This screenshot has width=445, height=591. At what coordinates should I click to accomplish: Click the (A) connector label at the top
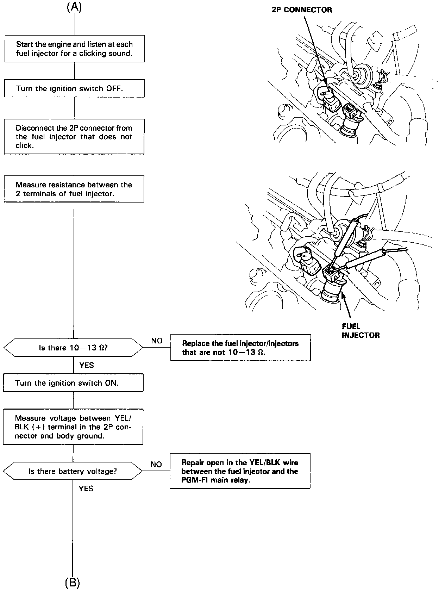pos(74,8)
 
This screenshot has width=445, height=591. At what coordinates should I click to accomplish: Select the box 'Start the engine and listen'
pos(74,49)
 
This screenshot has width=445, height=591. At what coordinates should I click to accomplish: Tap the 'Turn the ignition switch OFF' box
pos(74,88)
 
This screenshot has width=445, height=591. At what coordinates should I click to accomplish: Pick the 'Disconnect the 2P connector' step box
pos(74,137)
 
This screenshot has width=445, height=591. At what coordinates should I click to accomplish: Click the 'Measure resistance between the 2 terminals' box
pos(74,189)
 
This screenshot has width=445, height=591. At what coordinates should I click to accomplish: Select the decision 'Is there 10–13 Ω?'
pos(73,348)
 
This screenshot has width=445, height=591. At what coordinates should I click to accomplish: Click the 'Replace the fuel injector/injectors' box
pos(240,348)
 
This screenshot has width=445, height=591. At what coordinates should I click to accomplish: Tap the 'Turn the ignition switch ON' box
pos(73,383)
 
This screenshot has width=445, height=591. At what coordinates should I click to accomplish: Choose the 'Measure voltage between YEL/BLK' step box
pos(73,427)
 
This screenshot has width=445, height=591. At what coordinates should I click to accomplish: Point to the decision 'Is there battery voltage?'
pos(73,471)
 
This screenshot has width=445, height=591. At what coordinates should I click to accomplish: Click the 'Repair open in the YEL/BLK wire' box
pos(240,471)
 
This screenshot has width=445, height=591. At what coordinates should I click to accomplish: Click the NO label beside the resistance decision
pos(157,341)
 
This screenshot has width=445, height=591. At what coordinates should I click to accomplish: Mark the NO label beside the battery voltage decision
pos(156,464)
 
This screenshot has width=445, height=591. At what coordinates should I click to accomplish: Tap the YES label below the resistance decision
pos(87,365)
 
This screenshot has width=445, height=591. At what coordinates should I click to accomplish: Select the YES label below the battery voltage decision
pos(86,489)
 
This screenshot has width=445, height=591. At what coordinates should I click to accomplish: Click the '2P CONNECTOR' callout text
pos(302,10)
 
